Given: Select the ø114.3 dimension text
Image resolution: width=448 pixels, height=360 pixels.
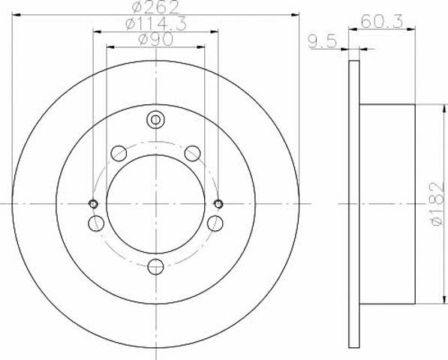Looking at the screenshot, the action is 156,23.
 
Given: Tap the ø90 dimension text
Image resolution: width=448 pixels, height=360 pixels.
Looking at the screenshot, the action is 155,40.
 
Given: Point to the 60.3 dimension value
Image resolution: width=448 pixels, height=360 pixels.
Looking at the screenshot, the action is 382,21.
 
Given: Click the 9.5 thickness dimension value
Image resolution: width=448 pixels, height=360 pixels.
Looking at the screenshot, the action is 323,42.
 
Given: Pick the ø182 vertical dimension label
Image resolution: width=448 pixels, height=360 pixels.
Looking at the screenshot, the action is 438,204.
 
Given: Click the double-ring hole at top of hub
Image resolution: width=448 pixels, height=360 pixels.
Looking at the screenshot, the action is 155,119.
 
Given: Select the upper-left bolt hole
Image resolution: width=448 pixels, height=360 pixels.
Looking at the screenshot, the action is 119,153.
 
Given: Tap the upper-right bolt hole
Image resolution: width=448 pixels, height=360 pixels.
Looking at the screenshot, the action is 193,153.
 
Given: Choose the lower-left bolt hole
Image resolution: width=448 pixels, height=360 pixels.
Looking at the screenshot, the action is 96,223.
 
